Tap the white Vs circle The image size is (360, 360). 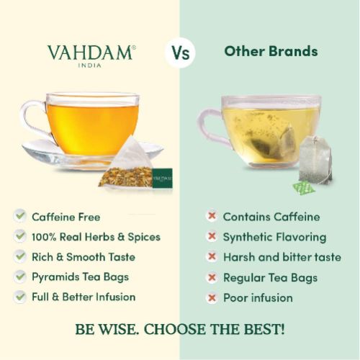point(180,53)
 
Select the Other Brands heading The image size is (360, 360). point(271,51)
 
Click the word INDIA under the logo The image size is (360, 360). point(90,66)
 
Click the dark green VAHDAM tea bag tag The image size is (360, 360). point(162,178)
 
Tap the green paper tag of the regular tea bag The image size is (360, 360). point(303,188)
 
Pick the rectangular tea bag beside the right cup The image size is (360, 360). point(315,160)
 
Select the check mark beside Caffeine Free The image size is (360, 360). point(20,216)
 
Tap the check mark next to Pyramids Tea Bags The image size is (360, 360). point(20,276)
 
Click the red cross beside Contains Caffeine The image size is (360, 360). point(212,216)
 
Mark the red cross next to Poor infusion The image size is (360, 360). point(212,298)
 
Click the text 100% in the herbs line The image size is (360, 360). point(44,237)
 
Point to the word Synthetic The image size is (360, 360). point(248,238)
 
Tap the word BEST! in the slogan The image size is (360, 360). point(264,329)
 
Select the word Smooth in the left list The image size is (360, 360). point(85,257)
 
